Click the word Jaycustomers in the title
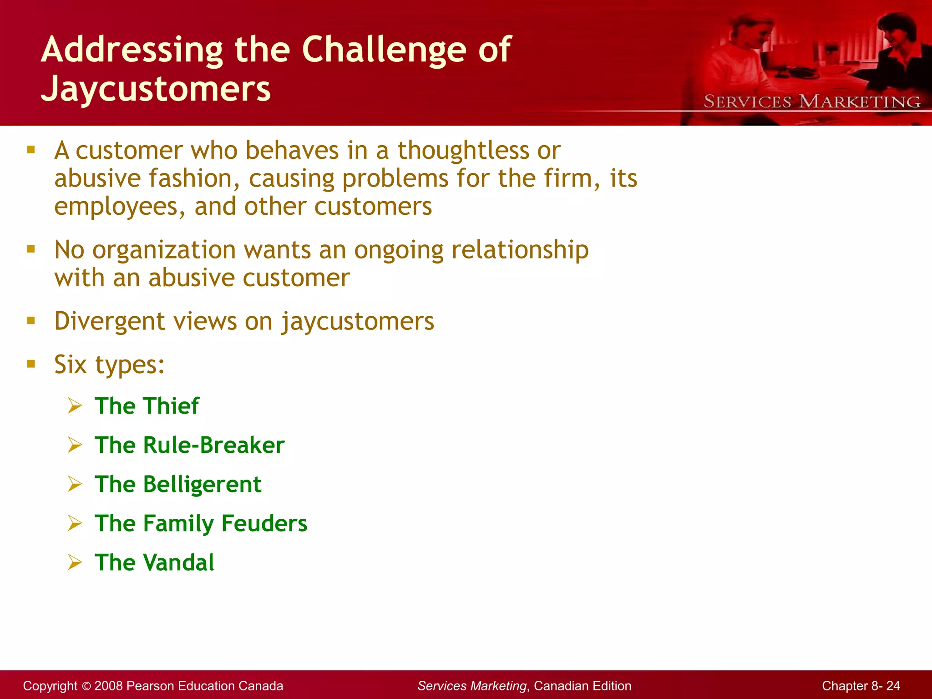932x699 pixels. (156, 88)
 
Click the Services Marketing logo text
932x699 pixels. (812, 101)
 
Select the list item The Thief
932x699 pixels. (147, 405)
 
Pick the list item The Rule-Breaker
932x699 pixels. (189, 445)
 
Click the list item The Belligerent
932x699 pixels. (178, 484)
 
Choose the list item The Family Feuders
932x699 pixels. (201, 523)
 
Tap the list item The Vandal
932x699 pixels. (154, 562)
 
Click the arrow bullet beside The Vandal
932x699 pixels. (75, 562)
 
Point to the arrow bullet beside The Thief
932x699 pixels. (75, 405)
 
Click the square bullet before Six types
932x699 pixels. (31, 364)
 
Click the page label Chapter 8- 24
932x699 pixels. (861, 686)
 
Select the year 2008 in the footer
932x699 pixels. (108, 686)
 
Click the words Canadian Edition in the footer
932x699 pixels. (582, 686)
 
